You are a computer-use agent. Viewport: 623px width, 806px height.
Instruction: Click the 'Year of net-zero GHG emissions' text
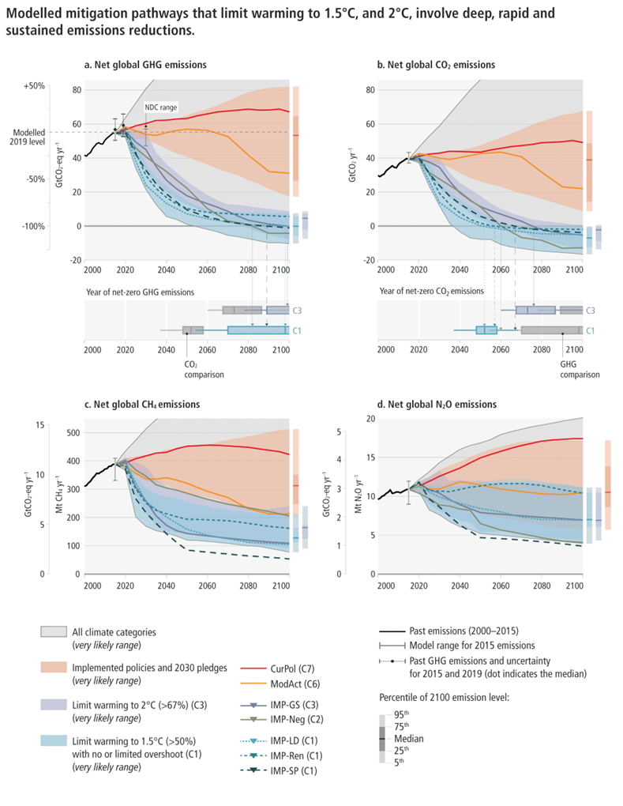click(x=144, y=292)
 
